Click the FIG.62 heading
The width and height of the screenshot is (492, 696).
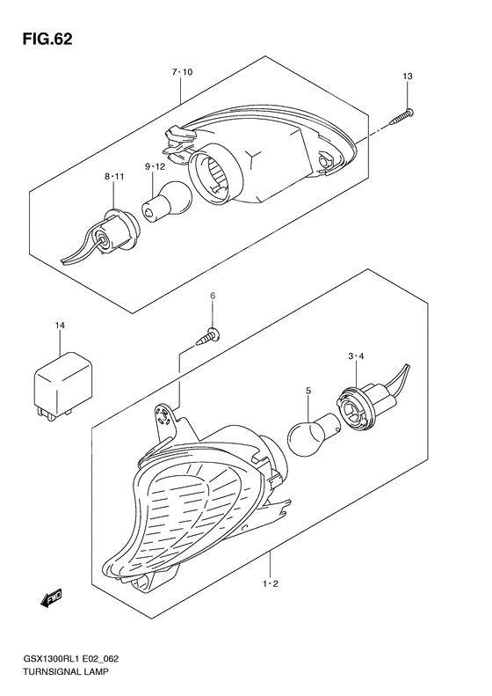click(42, 40)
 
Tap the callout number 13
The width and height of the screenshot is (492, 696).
click(407, 78)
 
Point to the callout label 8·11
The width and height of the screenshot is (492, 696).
click(114, 177)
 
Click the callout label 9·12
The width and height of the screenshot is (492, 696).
click(155, 166)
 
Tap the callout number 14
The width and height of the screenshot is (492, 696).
click(60, 327)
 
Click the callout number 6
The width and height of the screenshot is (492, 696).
click(212, 299)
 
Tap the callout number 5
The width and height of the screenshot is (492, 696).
click(307, 389)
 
